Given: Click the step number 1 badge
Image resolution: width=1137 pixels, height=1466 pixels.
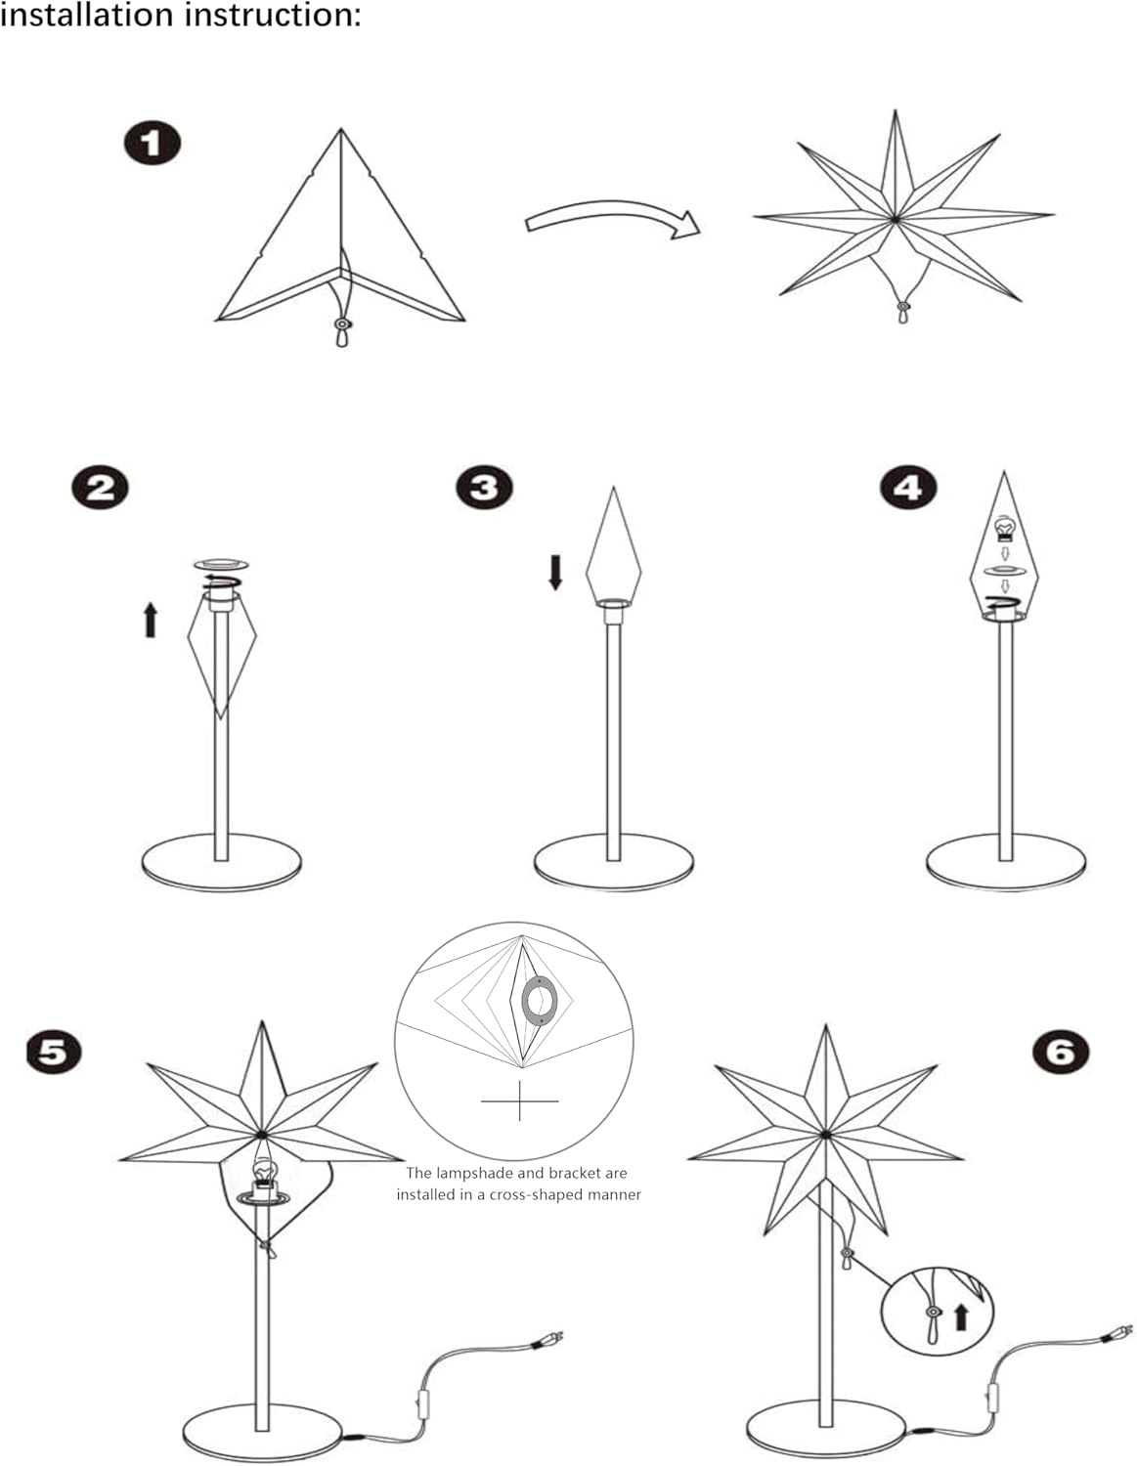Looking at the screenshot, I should tap(152, 145).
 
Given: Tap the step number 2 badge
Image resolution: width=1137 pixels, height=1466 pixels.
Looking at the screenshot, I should tap(100, 487).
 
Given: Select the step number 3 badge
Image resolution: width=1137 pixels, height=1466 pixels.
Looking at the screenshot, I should tap(484, 487).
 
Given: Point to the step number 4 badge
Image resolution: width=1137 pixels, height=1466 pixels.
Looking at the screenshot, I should tap(907, 487).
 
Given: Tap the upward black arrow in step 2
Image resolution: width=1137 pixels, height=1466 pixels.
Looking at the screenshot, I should tap(151, 620).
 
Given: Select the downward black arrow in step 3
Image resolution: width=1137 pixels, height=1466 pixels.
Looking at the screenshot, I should tap(555, 572).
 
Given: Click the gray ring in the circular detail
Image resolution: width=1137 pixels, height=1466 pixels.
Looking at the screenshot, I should tap(539, 1002).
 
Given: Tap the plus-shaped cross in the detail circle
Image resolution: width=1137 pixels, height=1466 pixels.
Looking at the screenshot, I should tap(519, 1100).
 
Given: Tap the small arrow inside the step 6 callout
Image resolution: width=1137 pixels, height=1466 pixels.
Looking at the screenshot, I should tap(960, 1316).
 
